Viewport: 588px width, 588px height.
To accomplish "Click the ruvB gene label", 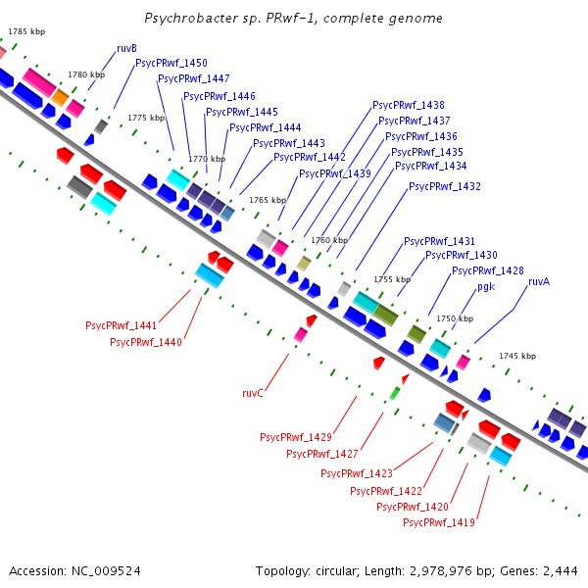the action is [126, 48].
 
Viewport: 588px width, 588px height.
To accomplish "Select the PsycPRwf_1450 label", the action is [171, 63].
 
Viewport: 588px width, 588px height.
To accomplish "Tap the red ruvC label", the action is [253, 393].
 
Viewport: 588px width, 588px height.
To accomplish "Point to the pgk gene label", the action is [486, 287].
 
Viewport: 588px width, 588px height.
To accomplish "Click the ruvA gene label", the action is [539, 281].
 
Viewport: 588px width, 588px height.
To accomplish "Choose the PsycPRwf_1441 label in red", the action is [121, 325].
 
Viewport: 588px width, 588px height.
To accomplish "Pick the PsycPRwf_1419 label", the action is [439, 522].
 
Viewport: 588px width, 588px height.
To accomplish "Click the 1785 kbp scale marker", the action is [26, 32].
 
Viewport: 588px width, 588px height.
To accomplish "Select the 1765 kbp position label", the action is [268, 200].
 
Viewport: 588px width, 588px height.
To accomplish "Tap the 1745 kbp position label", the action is [517, 356].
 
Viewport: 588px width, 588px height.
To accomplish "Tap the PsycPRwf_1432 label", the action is [445, 186].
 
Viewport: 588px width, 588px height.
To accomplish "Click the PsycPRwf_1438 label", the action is [409, 105].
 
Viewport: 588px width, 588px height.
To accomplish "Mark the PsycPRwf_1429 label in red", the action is [296, 437].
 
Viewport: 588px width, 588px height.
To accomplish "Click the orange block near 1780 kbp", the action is [60, 97].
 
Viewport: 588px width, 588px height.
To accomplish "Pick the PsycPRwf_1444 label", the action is [266, 127].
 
